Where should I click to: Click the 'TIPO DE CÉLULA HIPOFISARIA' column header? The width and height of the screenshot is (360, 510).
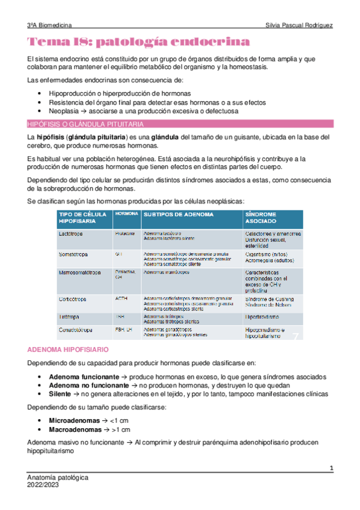pos(82,218)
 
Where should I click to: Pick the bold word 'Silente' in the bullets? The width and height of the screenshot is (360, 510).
pos(61,394)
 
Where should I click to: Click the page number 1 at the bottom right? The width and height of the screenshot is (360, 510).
pos(331,467)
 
